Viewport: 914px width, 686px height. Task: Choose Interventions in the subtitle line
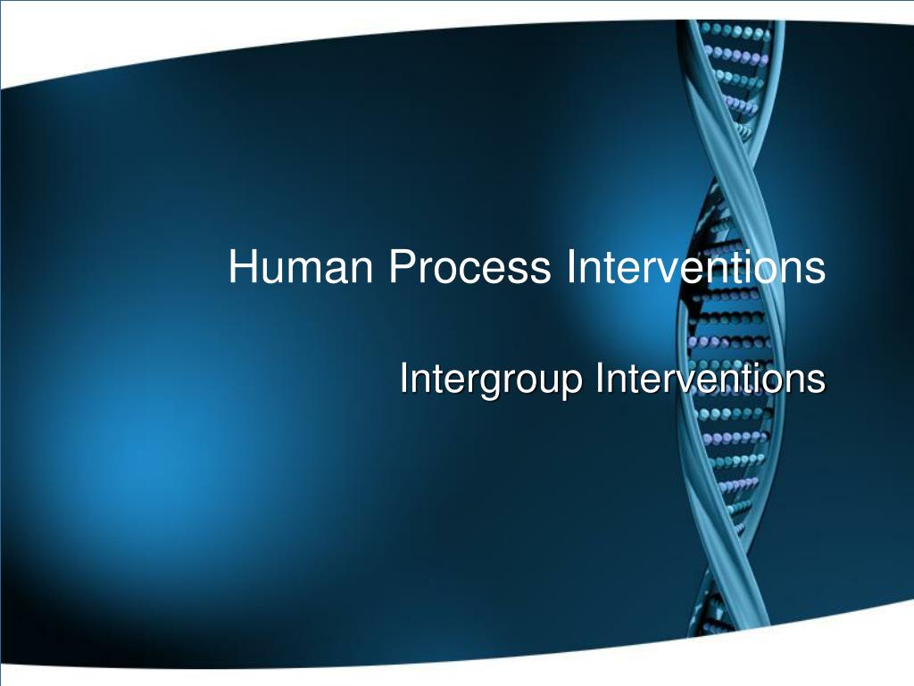710,379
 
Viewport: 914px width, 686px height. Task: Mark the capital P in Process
398,267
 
